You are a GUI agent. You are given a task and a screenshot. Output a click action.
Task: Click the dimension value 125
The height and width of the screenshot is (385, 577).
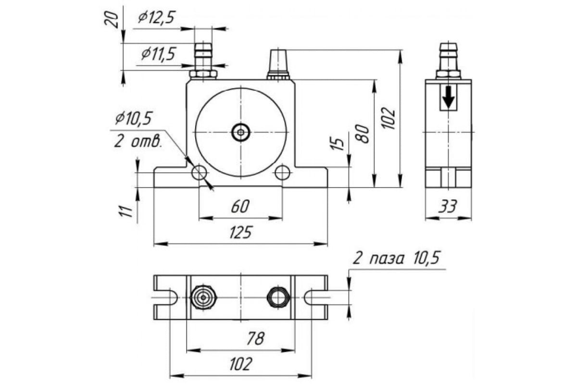240,233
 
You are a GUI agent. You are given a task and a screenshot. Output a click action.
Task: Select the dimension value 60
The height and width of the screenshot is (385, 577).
240,207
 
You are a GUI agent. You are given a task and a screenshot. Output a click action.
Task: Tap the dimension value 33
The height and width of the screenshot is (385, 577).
448,207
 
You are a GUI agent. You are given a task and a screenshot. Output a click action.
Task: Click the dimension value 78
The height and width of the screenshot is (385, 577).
255,338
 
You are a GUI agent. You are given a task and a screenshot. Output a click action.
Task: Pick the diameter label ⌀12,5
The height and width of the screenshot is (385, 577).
155,18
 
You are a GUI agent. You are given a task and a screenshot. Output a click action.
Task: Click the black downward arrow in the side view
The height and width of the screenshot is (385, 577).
449,98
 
